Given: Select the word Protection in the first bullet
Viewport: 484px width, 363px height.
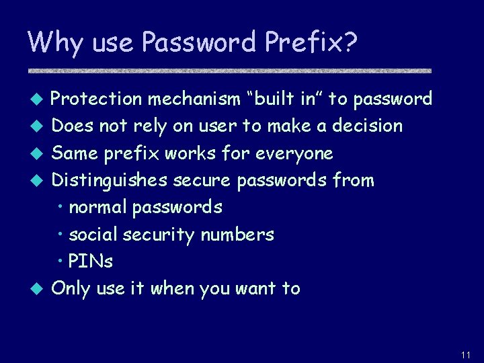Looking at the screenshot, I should tap(96, 99).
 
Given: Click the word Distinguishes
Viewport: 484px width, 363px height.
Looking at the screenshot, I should tap(110, 180).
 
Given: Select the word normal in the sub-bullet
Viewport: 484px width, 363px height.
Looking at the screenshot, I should tap(98, 207).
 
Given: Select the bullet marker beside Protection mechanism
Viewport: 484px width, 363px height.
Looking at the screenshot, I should tap(38, 100).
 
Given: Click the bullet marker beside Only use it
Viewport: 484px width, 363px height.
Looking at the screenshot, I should tap(38, 289).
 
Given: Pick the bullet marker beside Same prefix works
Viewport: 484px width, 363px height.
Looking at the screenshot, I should tap(38, 154).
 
